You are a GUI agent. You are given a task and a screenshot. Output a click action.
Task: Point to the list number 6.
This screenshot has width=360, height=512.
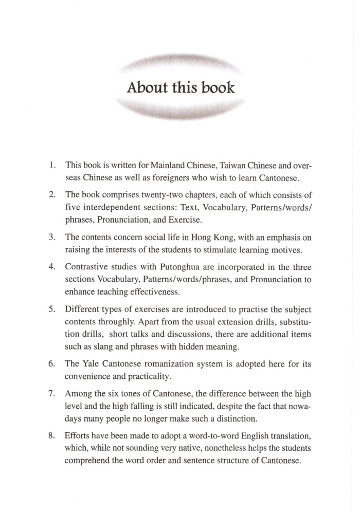pos(52,363)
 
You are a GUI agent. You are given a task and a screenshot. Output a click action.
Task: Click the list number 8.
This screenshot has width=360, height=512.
pos(52,436)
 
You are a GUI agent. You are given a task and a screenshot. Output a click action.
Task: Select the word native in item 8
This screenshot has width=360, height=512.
pos(182,449)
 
